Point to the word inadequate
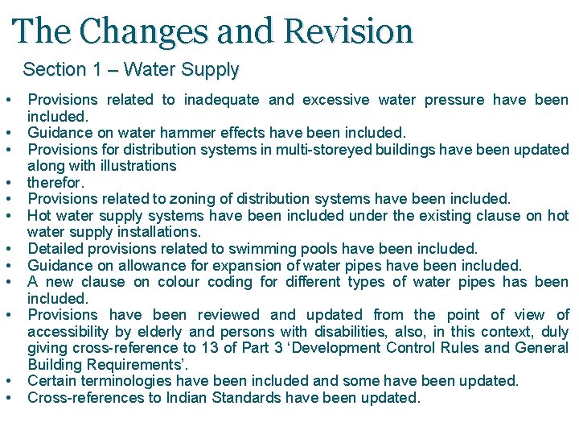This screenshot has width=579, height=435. [221, 100]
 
